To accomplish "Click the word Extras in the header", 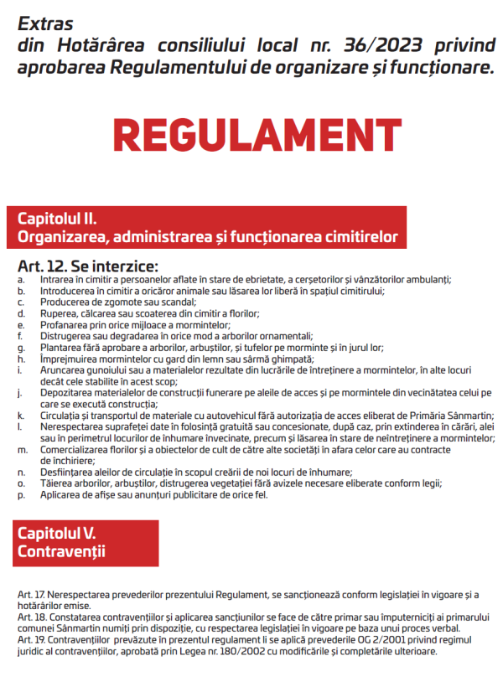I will pos(45,23).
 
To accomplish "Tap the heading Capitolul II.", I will pos(58,219).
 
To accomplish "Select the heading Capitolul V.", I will pos(58,533).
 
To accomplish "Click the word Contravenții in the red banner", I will pos(61,552).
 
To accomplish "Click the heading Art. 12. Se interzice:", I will pos(88,266).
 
